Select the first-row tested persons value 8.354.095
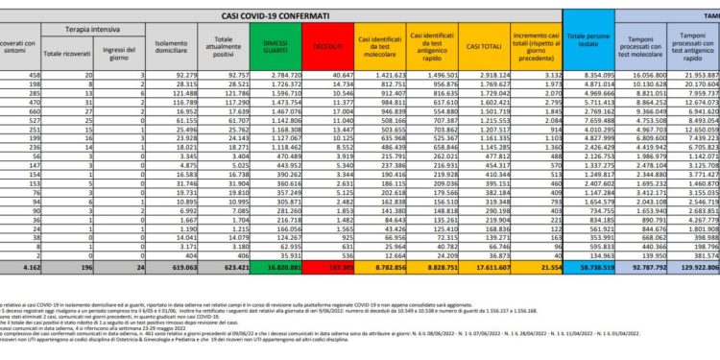(585, 73)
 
